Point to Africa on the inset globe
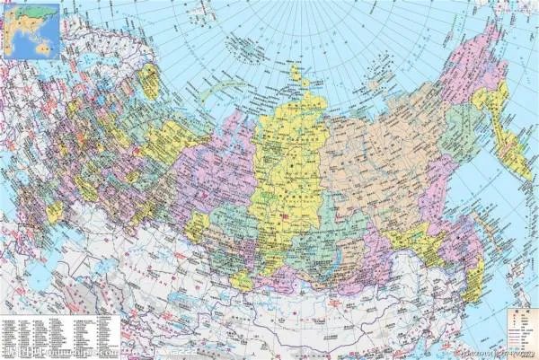[x=9, y=36]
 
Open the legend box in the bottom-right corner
[x=516, y=328]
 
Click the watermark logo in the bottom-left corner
[x=27, y=353]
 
